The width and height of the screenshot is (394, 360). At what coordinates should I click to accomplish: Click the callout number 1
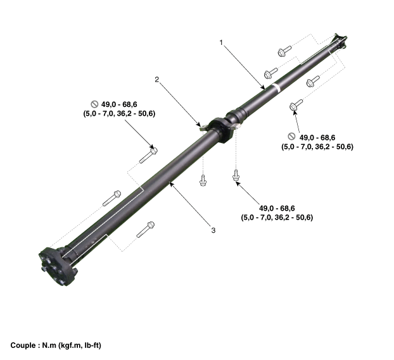click(x=221, y=42)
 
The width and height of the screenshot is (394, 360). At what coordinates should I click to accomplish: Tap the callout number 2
click(x=157, y=80)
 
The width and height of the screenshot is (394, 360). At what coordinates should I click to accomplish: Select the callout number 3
click(x=213, y=230)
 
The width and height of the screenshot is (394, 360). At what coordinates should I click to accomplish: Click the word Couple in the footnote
click(x=23, y=345)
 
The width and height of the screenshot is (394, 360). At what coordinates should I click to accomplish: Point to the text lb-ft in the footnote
click(x=92, y=345)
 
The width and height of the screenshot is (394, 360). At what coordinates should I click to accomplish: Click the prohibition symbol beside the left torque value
click(x=94, y=104)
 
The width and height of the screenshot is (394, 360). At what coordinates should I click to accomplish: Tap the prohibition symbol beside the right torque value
click(x=291, y=136)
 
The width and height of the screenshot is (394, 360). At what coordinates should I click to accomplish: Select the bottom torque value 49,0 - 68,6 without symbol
click(x=277, y=208)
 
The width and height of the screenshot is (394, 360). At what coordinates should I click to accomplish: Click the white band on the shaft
click(x=276, y=88)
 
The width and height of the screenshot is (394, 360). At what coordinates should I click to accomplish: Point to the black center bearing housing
click(x=220, y=130)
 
